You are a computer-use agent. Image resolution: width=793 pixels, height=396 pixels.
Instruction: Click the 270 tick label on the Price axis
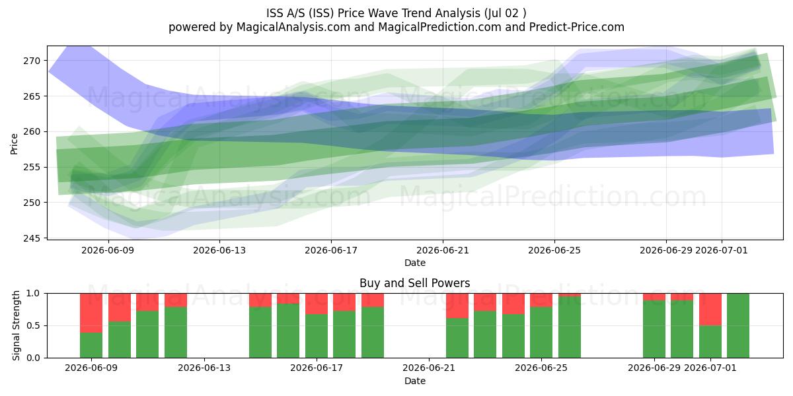click(32, 61)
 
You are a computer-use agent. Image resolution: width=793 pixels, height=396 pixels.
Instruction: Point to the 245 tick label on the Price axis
click(32, 238)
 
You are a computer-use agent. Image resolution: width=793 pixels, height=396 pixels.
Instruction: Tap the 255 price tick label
click(32, 167)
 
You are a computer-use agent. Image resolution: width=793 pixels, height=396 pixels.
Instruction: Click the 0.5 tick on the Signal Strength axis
click(33, 325)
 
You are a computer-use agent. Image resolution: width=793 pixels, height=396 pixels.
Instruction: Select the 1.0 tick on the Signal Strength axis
click(33, 294)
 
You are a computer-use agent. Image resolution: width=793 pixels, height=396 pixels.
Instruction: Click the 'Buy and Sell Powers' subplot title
click(414, 283)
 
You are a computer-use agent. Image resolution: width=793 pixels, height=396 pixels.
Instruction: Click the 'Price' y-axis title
click(14, 144)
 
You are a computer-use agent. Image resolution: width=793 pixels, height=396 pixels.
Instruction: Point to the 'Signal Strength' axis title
click(16, 325)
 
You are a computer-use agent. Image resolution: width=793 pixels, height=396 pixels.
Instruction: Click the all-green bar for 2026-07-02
click(738, 325)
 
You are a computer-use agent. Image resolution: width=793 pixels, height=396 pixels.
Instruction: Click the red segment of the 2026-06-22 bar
click(457, 306)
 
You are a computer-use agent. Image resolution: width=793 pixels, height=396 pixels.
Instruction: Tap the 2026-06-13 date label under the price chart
click(219, 250)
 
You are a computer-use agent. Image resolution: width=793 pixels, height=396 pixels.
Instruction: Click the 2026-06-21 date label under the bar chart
click(429, 368)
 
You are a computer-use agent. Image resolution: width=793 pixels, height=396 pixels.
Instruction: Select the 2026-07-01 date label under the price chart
click(722, 250)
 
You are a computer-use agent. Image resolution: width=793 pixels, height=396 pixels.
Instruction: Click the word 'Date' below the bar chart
click(415, 381)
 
